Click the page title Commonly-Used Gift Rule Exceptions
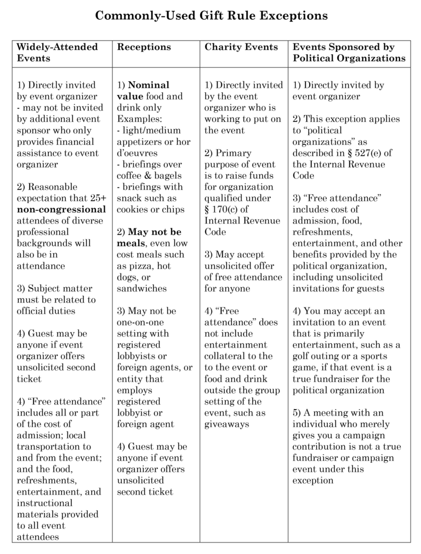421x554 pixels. click(211, 16)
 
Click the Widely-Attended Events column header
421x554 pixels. click(57, 52)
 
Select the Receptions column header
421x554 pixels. click(144, 47)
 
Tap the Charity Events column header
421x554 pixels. click(241, 47)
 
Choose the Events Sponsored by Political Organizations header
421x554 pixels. click(349, 52)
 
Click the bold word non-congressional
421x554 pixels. click(61, 209)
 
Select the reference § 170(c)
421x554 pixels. click(226, 209)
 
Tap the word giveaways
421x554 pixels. click(226, 424)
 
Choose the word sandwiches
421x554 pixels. click(141, 288)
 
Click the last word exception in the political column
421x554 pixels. click(313, 480)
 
